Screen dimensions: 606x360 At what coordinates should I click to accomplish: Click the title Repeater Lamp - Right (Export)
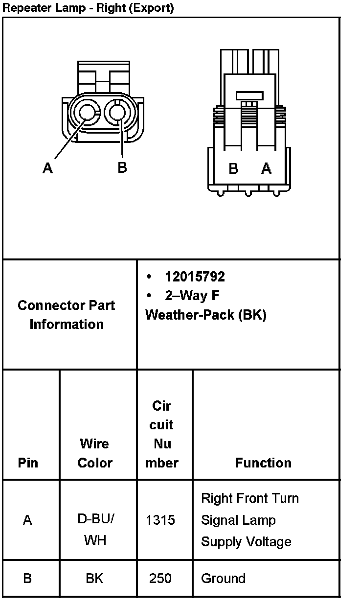88,8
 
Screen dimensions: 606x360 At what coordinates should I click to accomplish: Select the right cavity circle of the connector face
118,113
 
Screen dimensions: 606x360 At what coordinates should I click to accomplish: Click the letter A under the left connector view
47,168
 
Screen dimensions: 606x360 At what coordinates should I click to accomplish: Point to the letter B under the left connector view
122,167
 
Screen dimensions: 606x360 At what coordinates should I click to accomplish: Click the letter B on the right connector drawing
234,169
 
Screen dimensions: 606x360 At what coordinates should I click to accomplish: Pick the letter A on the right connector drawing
266,168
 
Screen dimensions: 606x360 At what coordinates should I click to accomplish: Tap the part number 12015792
195,277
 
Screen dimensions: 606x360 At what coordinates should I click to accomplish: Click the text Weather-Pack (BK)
205,315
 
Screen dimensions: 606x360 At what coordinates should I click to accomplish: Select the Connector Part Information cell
67,315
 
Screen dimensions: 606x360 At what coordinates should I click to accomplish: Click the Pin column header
28,463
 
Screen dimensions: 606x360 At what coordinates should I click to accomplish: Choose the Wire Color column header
95,453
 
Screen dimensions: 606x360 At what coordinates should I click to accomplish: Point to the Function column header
263,463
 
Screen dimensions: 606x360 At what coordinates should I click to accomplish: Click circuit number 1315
160,520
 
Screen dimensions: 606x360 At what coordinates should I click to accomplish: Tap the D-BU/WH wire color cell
95,530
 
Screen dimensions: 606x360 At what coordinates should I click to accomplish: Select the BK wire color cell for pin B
94,578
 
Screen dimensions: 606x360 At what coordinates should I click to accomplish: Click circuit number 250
160,578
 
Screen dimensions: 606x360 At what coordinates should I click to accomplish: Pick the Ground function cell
223,578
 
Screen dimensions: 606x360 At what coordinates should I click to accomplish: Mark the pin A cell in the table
27,520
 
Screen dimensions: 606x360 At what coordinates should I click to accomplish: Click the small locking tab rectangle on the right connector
249,95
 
